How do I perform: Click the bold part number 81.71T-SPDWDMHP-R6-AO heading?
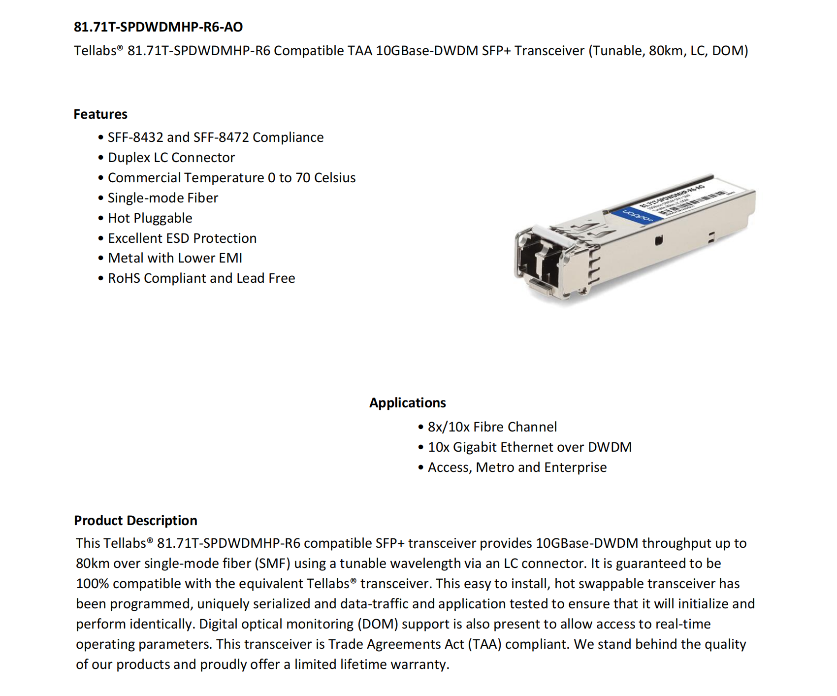(158, 27)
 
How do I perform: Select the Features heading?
(100, 114)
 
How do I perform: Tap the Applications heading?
(407, 403)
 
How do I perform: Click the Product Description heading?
(135, 521)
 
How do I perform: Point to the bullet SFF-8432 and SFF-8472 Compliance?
(216, 137)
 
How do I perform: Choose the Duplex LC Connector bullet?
(171, 158)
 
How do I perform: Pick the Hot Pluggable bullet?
(150, 218)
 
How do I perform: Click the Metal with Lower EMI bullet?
(175, 258)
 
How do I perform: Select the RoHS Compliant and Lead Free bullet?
(201, 278)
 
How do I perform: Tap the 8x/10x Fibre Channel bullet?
(492, 427)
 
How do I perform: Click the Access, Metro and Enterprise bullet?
(517, 467)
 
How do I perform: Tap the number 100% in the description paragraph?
(92, 584)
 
